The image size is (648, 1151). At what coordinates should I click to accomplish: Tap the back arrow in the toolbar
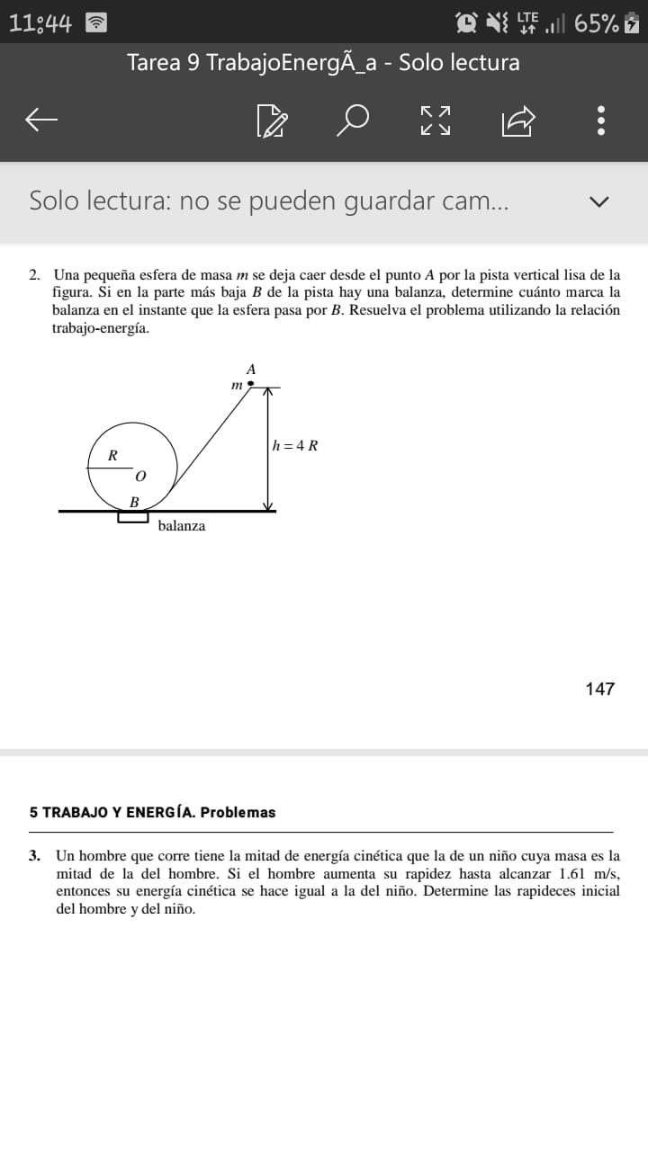tap(41, 119)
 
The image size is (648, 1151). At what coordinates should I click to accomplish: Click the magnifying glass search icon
tap(353, 119)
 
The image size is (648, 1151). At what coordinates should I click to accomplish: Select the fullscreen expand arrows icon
tap(436, 119)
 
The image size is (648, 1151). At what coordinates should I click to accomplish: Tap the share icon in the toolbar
tap(519, 119)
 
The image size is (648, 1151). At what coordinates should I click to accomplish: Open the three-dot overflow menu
tap(601, 119)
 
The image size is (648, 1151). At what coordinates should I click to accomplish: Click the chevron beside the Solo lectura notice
tap(598, 201)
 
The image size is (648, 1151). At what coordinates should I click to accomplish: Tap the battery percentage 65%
tap(596, 23)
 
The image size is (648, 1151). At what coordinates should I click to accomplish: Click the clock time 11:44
tap(40, 23)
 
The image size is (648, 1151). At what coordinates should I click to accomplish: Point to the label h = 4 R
tap(295, 445)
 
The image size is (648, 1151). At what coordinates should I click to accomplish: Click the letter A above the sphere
tap(251, 369)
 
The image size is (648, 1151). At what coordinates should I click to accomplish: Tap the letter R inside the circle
tap(112, 455)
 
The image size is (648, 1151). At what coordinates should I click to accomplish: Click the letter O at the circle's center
tap(140, 474)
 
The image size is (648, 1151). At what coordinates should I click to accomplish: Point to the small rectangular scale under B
tap(133, 517)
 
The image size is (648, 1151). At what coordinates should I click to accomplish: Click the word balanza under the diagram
tap(181, 526)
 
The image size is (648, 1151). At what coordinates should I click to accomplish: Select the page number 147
tap(599, 689)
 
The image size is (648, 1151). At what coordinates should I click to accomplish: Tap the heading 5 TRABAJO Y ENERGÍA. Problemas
tap(152, 812)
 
